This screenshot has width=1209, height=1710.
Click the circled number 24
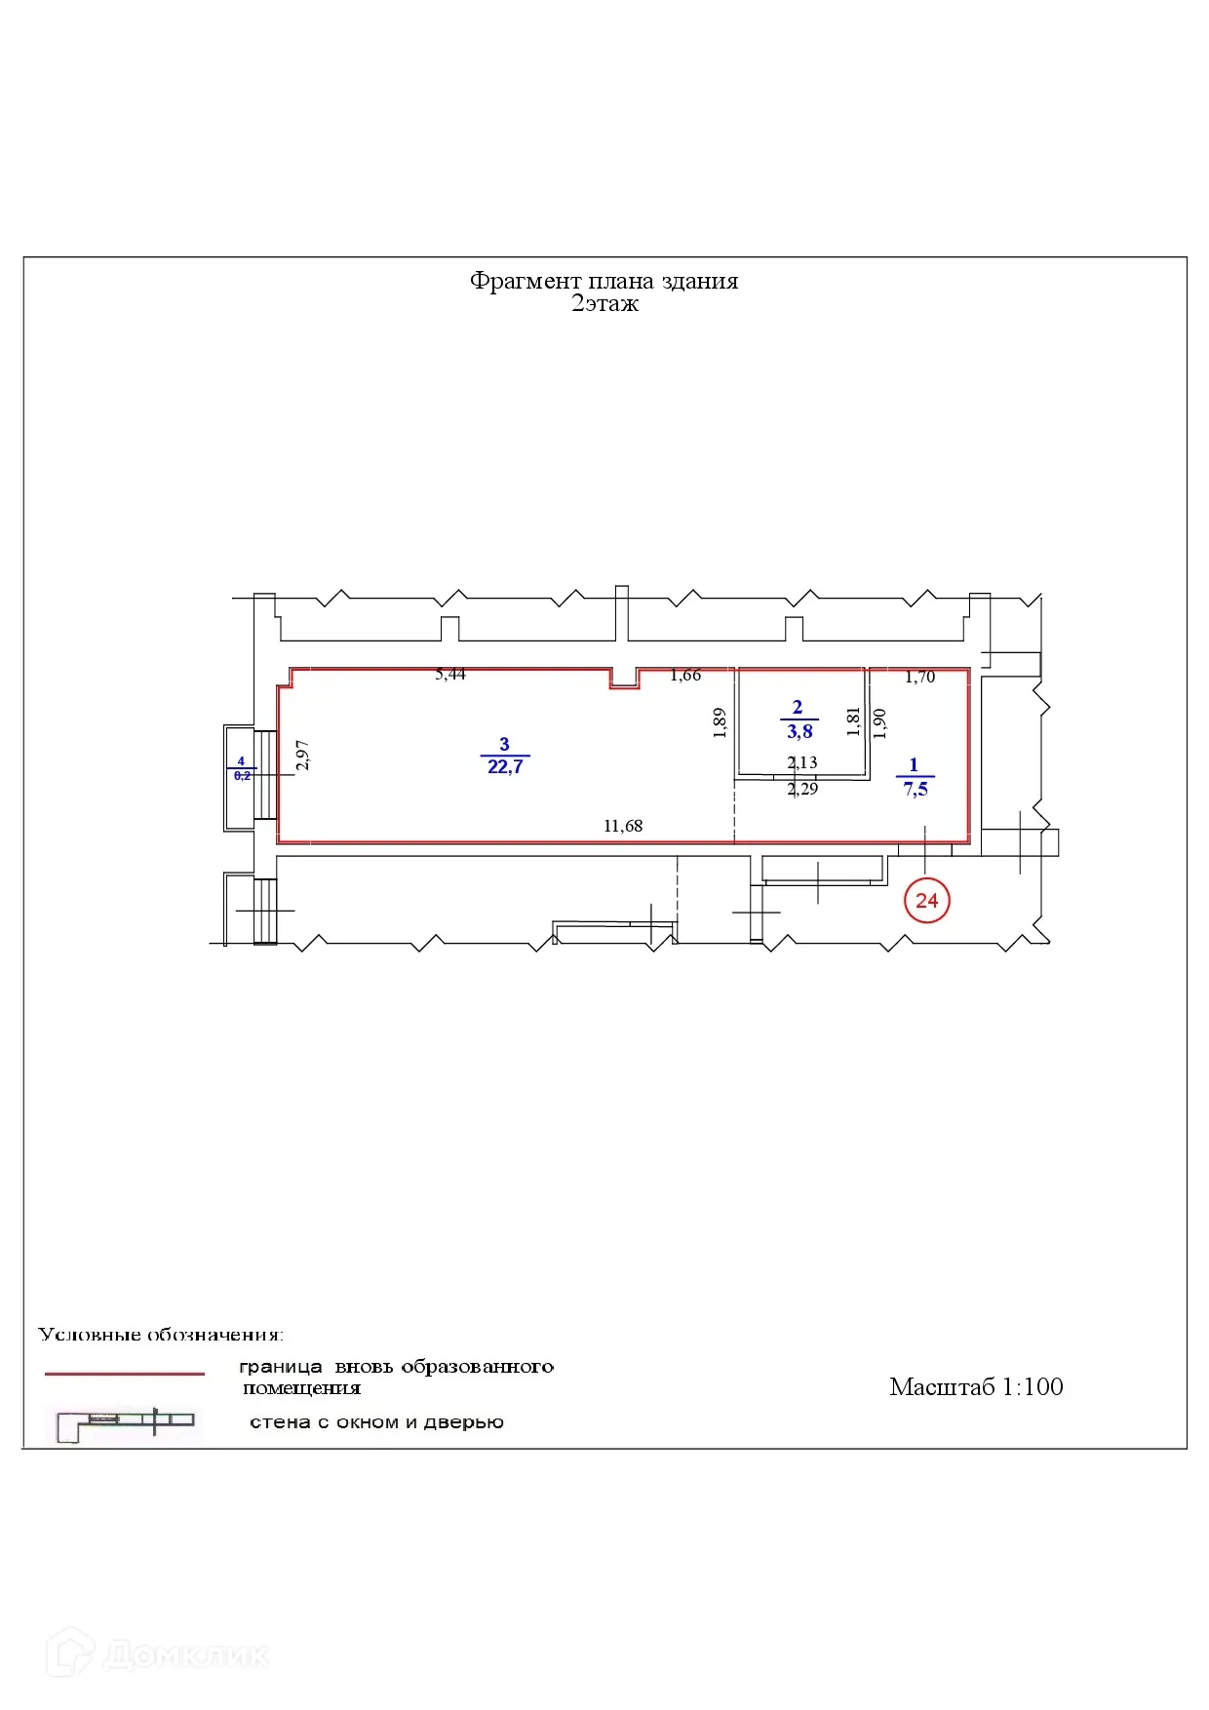926,901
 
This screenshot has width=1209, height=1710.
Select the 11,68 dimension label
623,826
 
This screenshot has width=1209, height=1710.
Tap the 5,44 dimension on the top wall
450,674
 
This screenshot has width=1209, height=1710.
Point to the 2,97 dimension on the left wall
302,755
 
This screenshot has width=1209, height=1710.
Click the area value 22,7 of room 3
505,767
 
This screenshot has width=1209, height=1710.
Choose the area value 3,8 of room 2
799,732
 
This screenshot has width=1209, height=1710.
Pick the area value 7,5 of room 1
916,790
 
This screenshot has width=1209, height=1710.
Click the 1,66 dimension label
685,675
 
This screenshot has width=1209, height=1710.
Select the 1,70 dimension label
919,677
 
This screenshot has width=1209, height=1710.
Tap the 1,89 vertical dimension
720,722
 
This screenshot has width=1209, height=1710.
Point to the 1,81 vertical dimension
854,721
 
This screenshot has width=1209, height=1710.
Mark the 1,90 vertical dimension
879,722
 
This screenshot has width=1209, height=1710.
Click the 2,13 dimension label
802,762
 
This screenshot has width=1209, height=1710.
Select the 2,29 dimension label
802,789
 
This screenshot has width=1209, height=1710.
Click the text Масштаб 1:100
976,1386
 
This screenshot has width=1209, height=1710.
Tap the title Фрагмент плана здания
604,281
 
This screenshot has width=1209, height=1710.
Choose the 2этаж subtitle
604,303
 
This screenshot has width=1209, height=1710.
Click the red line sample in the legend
125,1374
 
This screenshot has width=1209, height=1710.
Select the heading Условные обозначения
161,1334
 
